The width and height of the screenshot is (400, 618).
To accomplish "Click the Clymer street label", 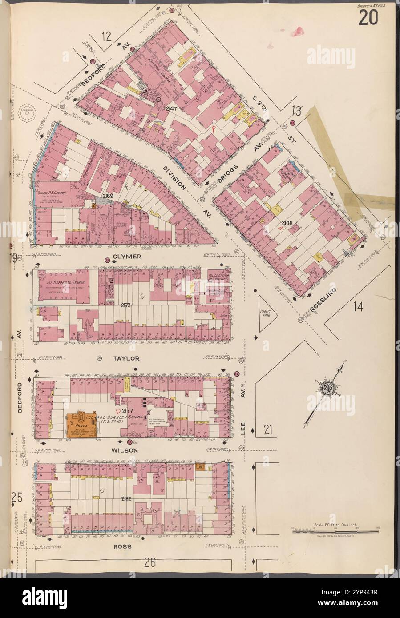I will pyautogui.click(x=127, y=257).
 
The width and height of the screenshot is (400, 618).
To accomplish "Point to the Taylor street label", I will pyautogui.click(x=126, y=358).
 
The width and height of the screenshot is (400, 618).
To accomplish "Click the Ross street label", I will pyautogui.click(x=123, y=546).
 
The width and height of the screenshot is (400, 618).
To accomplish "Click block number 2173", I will pyautogui.click(x=126, y=305).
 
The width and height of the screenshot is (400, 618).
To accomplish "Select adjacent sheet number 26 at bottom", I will pyautogui.click(x=149, y=563).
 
